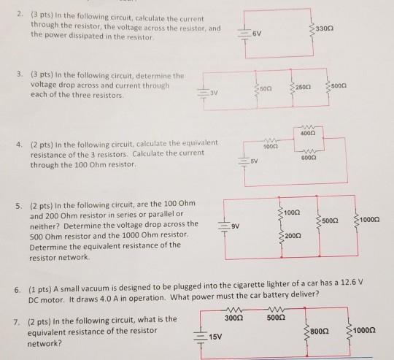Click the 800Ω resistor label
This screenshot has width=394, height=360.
(320, 332)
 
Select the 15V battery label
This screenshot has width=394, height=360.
(217, 337)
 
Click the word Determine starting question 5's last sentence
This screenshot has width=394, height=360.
(50, 245)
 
